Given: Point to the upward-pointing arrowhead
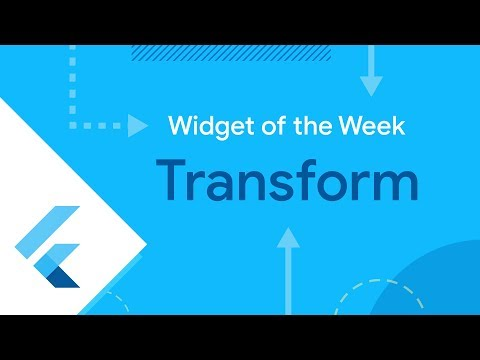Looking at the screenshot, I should (x=288, y=238).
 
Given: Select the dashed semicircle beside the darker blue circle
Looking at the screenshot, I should (x=365, y=300).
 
